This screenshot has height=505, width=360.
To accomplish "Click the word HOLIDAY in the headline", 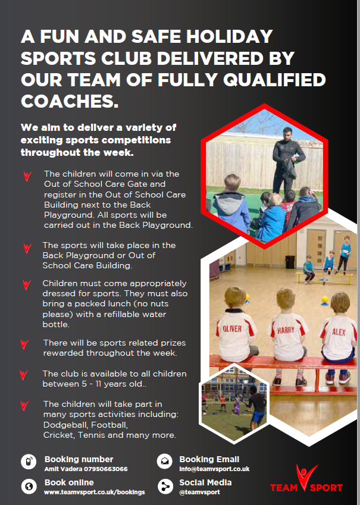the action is click(230, 36).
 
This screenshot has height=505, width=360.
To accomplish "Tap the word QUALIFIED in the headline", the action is click(274, 80).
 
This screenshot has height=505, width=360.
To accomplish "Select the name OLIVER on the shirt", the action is click(232, 328).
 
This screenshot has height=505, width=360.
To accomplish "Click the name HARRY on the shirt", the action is click(286, 330).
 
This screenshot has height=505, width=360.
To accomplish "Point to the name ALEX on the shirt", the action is click(339, 332).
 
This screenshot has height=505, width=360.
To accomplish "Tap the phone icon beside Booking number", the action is click(29, 462).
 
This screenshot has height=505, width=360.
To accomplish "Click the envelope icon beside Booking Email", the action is click(165, 461).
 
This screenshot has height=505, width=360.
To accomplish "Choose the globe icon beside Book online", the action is click(29, 486).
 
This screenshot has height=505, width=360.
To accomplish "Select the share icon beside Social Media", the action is click(165, 487).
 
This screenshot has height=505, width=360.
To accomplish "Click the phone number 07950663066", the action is click(106, 469).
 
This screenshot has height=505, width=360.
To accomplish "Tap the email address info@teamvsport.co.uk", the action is click(214, 469).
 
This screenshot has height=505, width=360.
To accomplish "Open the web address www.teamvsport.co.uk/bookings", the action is click(95, 492).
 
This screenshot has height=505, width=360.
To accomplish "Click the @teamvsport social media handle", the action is click(199, 492).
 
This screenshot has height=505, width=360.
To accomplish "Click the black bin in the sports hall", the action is click(290, 262).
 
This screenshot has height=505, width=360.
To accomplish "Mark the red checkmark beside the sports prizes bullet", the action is click(24, 344).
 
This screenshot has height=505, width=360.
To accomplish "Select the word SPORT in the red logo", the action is click(326, 488).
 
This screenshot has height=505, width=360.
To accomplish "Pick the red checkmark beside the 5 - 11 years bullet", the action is click(24, 375).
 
